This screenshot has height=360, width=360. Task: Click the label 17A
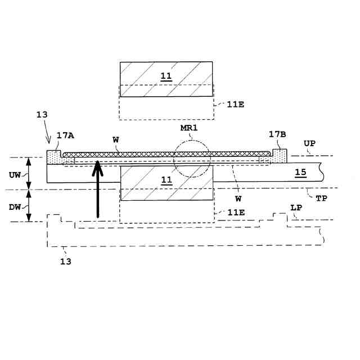click(66, 136)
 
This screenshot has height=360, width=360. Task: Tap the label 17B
click(277, 134)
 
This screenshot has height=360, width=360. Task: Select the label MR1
click(189, 128)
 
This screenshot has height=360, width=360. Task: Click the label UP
click(310, 143)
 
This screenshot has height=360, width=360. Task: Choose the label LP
click(296, 208)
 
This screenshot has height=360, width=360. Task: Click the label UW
click(15, 175)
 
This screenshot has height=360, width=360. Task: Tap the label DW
click(15, 207)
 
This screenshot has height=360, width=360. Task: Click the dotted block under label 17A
click(54, 156)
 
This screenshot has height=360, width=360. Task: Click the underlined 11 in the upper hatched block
click(166, 76)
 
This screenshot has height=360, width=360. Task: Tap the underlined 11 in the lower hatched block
click(166, 180)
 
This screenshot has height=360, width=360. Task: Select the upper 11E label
click(235, 104)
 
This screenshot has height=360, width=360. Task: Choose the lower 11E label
click(235, 212)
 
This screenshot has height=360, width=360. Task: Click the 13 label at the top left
click(42, 114)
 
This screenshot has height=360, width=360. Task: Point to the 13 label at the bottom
click(66, 261)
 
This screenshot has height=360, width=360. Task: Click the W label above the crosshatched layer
click(116, 139)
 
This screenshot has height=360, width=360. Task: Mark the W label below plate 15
click(238, 198)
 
